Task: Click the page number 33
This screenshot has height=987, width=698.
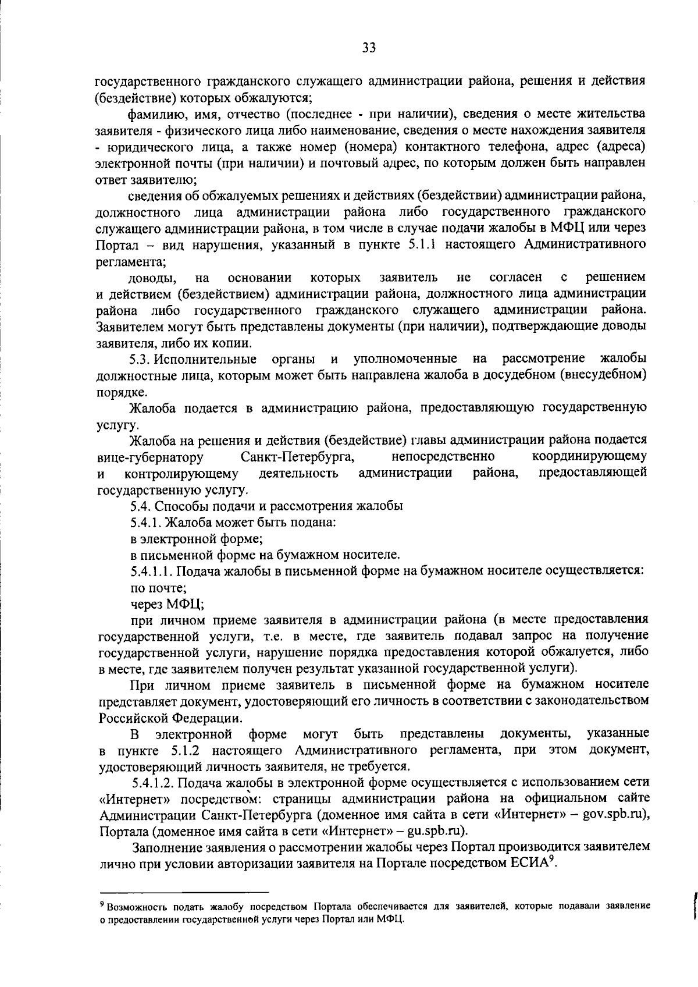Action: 369,48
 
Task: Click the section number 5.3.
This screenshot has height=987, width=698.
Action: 141,358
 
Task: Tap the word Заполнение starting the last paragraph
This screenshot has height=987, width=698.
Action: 169,847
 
